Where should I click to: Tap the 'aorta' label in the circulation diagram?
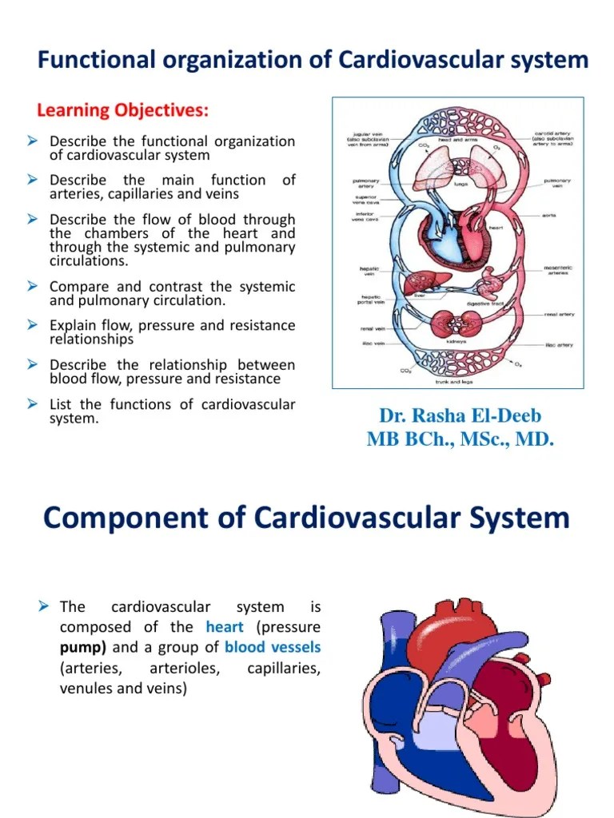[x=548, y=216]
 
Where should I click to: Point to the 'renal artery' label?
[x=560, y=314]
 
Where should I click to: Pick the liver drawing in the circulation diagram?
[x=418, y=284]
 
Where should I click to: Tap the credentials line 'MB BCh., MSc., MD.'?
[x=460, y=439]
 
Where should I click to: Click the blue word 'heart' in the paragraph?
[x=224, y=627]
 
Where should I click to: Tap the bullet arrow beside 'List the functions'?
[x=34, y=404]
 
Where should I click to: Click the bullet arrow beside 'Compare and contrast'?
[x=34, y=286]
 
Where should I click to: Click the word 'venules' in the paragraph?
[x=86, y=687]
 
